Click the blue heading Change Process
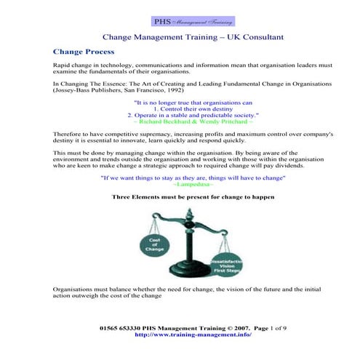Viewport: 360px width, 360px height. [84, 52]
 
